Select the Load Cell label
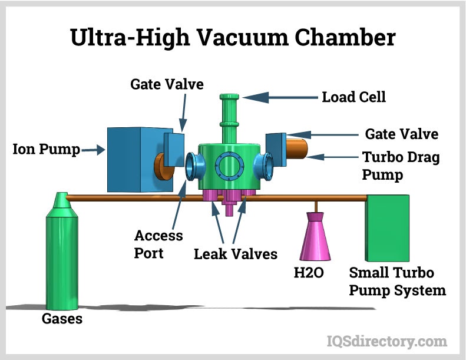[353, 97]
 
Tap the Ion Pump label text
[46, 150]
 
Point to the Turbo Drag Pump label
[400, 166]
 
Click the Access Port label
[158, 244]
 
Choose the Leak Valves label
[236, 255]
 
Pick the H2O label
[309, 272]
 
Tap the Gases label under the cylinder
[62, 319]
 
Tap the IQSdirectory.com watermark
[386, 341]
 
